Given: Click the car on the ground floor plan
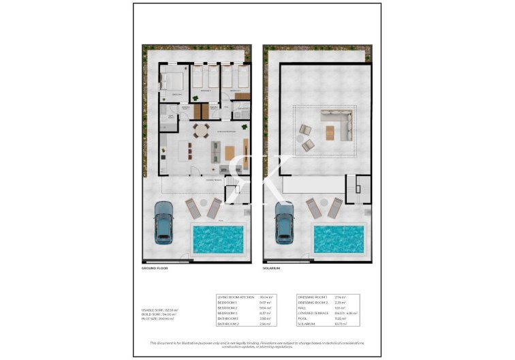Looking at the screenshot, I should pyautogui.click(x=164, y=223).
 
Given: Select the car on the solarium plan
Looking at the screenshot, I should pyautogui.click(x=284, y=223).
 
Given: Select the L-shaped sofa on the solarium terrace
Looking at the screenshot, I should pyautogui.click(x=340, y=127).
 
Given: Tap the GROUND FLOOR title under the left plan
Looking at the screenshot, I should pyautogui.click(x=155, y=269).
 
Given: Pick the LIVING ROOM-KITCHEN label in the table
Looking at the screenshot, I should pyautogui.click(x=235, y=297).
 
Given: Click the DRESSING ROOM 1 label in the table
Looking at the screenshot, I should pyautogui.click(x=313, y=297).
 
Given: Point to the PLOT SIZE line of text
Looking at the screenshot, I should pyautogui.click(x=157, y=318).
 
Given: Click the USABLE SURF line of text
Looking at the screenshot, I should pyautogui.click(x=159, y=310).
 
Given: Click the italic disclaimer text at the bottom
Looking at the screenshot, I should pyautogui.click(x=257, y=344).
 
